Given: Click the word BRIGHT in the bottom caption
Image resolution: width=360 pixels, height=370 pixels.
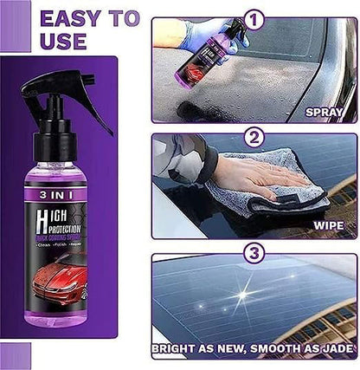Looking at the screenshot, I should coord(178,353).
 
